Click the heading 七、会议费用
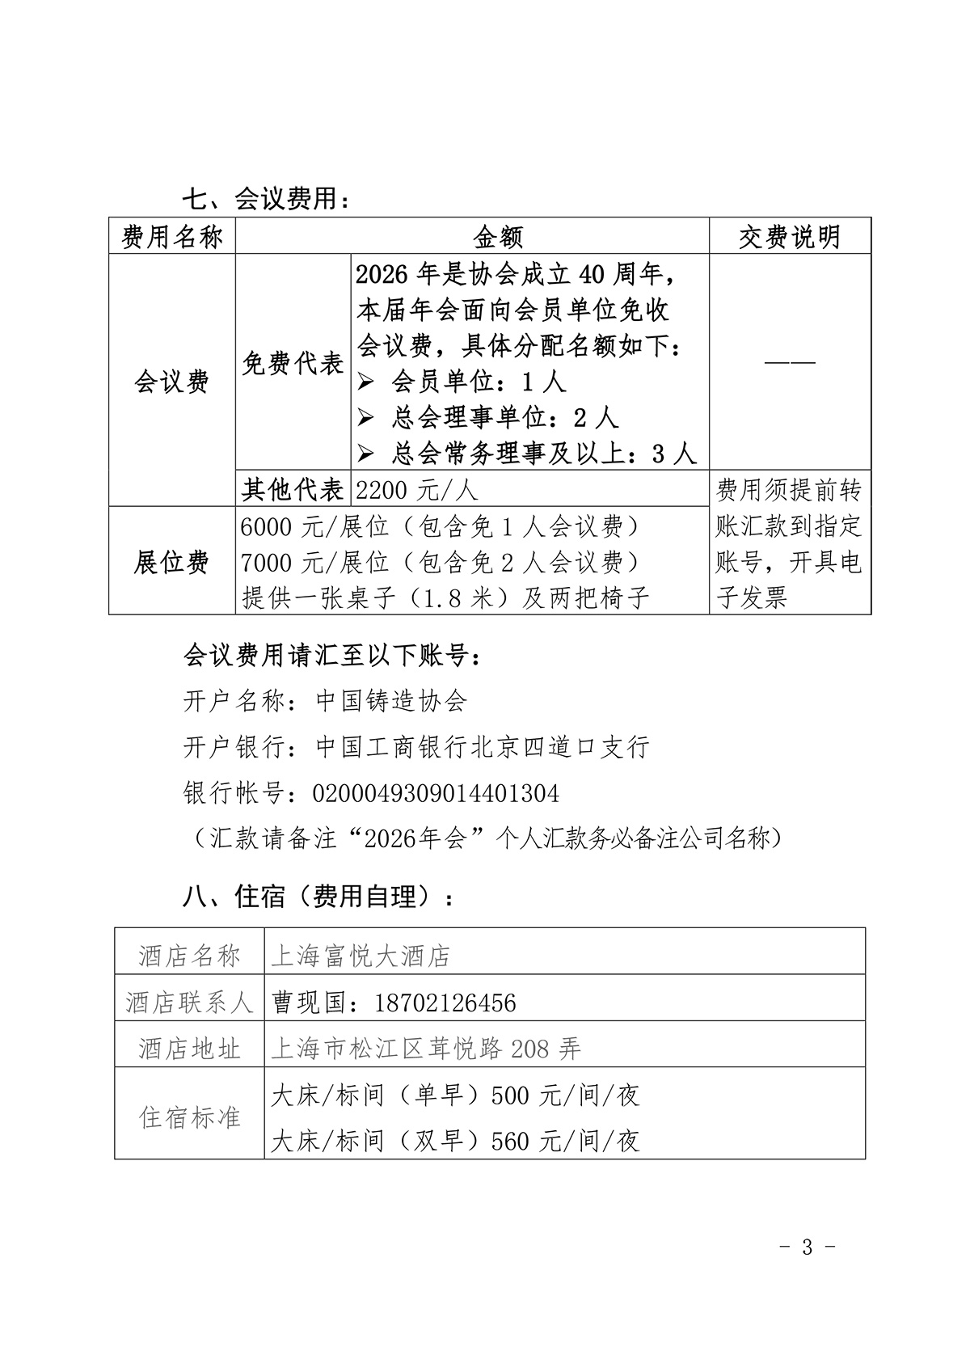[266, 197]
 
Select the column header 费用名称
[172, 236]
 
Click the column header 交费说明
[790, 236]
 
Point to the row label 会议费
[172, 381]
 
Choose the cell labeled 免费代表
[293, 364]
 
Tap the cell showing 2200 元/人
[417, 489]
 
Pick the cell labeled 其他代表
[293, 489]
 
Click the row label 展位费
[172, 562]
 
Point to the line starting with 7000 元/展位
[441, 562]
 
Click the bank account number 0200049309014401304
[436, 793]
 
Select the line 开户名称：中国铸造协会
[325, 700]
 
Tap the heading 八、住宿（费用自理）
[318, 897]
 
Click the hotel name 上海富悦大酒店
[361, 956]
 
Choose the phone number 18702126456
[445, 1003]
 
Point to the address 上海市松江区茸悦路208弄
[426, 1049]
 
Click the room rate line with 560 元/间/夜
[455, 1141]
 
